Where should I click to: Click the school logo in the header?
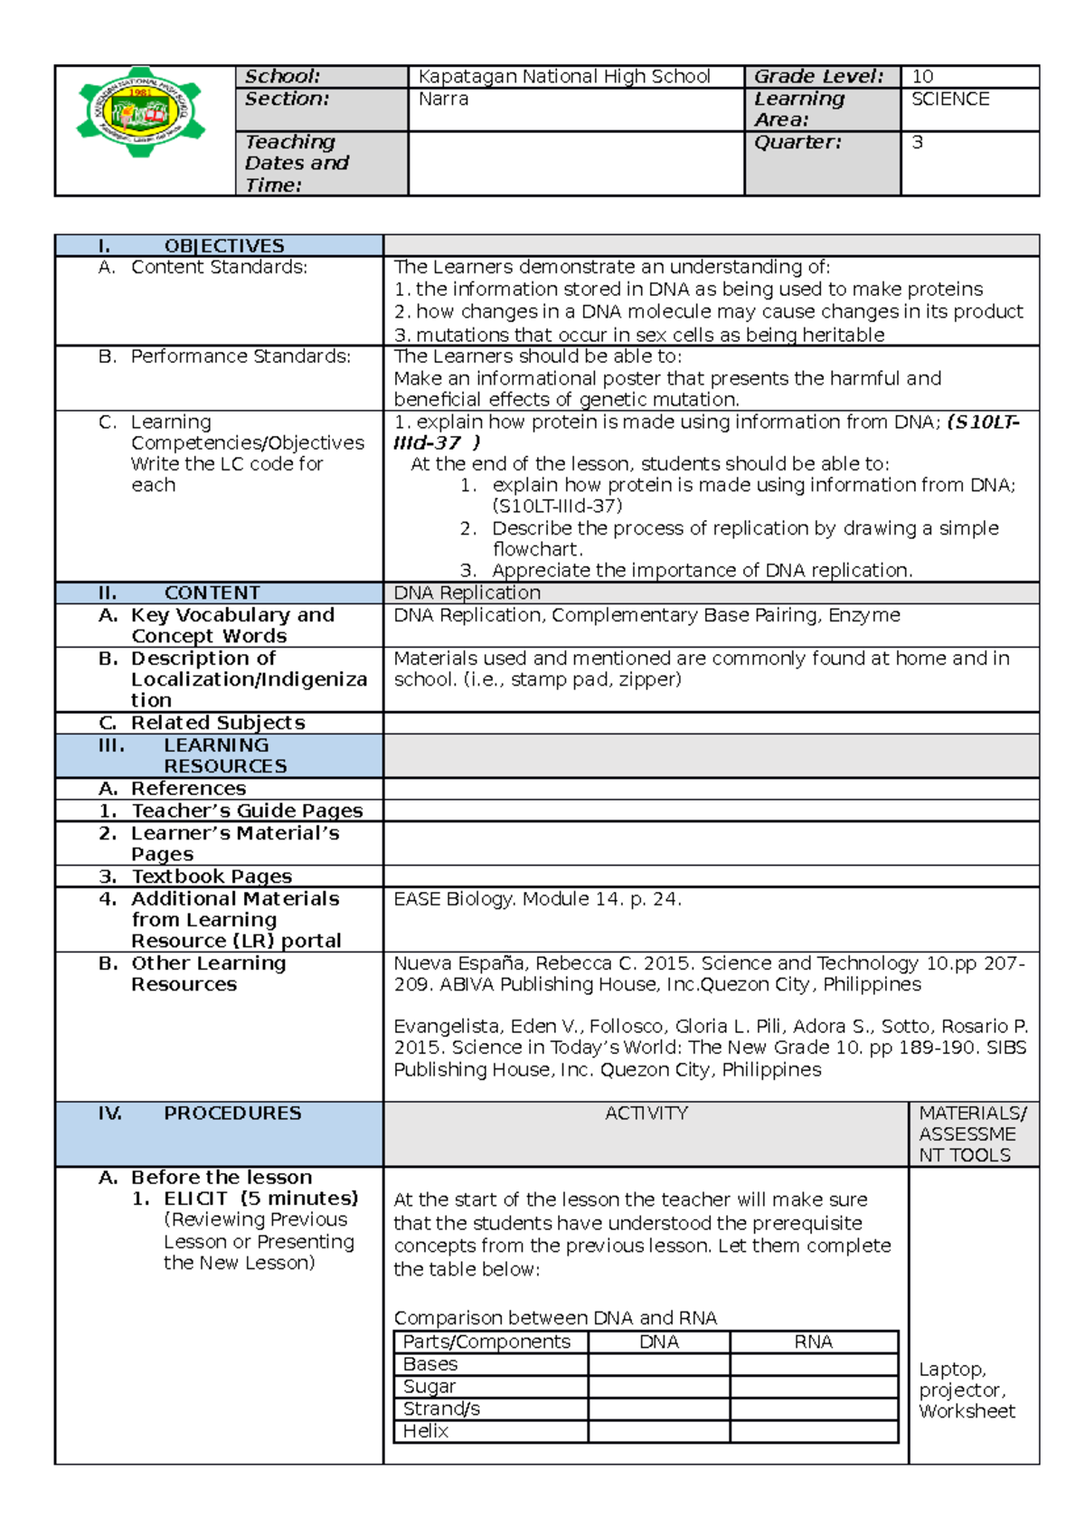point(141,113)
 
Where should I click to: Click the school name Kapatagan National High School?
point(563,77)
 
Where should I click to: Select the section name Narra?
point(443,100)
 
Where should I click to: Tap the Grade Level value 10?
point(922,77)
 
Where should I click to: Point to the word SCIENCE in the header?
point(949,100)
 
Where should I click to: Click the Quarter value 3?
point(917,143)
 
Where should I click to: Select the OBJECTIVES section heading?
point(223,246)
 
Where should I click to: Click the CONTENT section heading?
point(212,593)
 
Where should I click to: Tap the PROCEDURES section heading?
point(231,1114)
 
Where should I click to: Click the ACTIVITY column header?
point(646,1114)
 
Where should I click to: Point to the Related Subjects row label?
point(217,724)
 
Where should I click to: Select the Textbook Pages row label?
point(212,877)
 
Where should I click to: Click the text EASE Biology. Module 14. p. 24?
point(537,899)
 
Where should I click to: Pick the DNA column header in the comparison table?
point(658,1342)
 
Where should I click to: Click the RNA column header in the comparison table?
point(813,1342)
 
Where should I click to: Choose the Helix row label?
point(425,1431)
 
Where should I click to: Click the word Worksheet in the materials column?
point(967,1411)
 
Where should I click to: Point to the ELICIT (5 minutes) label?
point(260,1199)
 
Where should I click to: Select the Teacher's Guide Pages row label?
point(247,811)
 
